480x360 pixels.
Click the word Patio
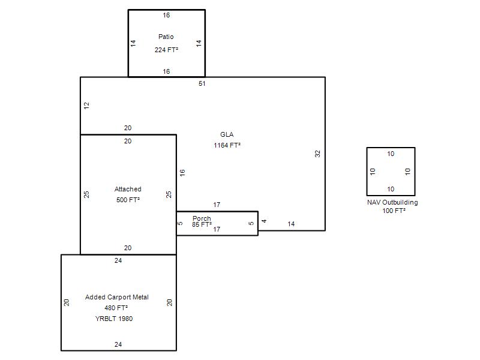click(x=166, y=37)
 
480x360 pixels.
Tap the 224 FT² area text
click(x=166, y=50)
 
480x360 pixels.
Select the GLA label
click(x=227, y=134)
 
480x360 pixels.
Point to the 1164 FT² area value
click(x=227, y=145)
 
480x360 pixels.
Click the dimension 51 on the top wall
click(x=202, y=83)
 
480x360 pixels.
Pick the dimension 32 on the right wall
click(x=318, y=154)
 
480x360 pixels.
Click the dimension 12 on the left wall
click(x=87, y=106)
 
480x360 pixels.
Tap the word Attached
click(x=128, y=189)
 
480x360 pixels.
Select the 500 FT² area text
click(x=128, y=200)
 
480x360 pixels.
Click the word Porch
click(x=202, y=218)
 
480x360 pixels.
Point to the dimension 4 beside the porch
click(x=264, y=221)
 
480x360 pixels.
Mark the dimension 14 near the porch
click(x=291, y=224)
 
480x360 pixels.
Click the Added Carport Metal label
click(x=117, y=297)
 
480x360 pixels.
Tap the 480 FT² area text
click(x=116, y=308)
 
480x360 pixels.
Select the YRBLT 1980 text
click(x=114, y=319)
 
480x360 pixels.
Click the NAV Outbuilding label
click(x=392, y=202)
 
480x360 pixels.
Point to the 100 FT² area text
click(x=394, y=211)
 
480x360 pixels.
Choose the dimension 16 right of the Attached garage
click(x=182, y=173)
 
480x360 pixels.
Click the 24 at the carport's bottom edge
click(x=118, y=344)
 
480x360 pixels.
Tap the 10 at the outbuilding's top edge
click(x=391, y=154)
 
